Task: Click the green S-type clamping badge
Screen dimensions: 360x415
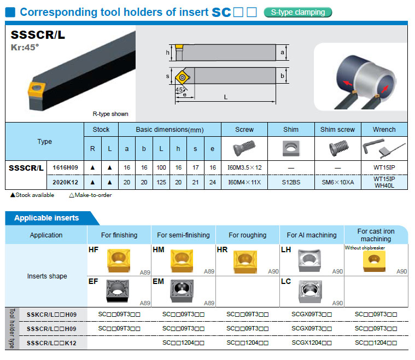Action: (x=298, y=12)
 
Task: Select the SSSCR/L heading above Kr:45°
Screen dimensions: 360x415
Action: (x=38, y=35)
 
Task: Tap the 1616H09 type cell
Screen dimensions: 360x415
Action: (x=65, y=167)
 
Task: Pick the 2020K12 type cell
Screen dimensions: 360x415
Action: (x=65, y=182)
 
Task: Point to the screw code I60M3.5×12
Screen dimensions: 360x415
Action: (x=244, y=167)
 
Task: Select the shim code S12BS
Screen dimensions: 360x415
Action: (x=291, y=182)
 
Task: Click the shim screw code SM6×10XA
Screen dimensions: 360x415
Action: (x=338, y=182)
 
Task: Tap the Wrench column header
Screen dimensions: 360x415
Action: (x=384, y=130)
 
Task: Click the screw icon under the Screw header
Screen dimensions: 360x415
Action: (x=244, y=148)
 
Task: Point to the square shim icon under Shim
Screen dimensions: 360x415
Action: (x=291, y=148)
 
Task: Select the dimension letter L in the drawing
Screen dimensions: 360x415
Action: (x=225, y=96)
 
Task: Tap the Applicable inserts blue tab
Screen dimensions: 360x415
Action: (x=46, y=218)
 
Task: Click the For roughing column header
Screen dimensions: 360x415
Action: (x=248, y=235)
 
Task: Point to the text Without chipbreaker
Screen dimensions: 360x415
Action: (x=365, y=248)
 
